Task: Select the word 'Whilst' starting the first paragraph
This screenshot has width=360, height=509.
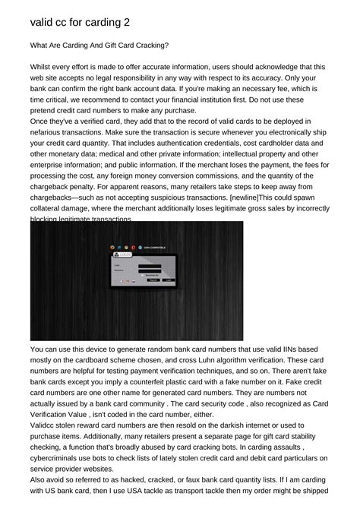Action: (43, 67)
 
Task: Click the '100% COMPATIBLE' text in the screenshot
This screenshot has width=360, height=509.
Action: (154, 247)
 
